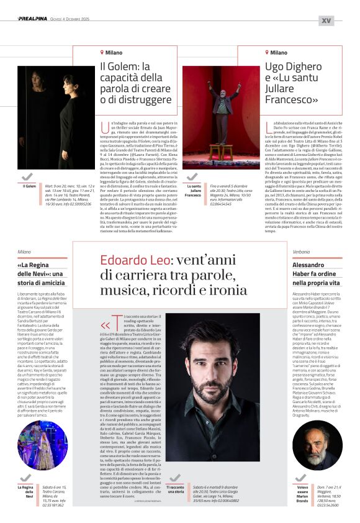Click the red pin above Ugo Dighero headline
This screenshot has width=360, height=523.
tap(267, 53)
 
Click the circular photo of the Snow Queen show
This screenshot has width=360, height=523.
tap(42, 445)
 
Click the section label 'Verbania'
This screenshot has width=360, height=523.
tap(301, 252)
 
